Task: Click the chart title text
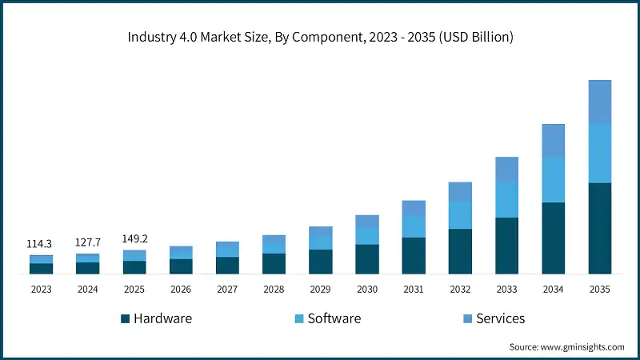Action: tap(320, 37)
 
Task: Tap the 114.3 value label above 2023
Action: tap(41, 243)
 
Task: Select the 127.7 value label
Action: tap(88, 242)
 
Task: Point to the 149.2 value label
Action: tap(134, 238)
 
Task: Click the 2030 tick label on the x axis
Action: tap(367, 289)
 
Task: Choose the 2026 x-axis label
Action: tap(181, 289)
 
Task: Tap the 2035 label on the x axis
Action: tap(600, 289)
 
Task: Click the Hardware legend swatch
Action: tap(126, 319)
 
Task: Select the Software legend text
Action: tap(334, 318)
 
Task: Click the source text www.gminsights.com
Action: tap(566, 346)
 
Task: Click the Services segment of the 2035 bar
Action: tap(600, 102)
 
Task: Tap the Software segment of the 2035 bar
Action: tap(600, 154)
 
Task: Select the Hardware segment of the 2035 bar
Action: tap(600, 228)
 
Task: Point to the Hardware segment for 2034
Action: tap(554, 238)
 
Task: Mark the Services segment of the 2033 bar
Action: tap(506, 170)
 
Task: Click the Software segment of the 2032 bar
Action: tap(460, 215)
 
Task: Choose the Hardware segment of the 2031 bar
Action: tap(414, 255)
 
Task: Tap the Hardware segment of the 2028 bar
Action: tap(274, 263)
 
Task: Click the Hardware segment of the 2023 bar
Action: tap(41, 268)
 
